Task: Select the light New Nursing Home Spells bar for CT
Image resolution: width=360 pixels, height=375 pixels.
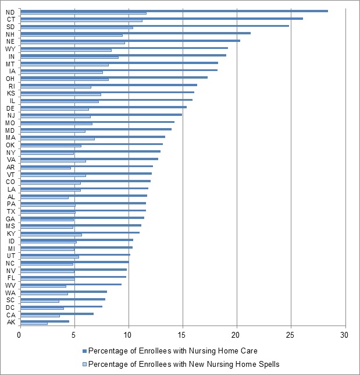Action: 81,20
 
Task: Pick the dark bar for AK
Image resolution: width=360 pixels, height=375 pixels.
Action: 45,321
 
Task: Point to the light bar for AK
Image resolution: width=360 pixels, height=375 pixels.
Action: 34,323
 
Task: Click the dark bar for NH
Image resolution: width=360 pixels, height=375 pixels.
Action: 135,33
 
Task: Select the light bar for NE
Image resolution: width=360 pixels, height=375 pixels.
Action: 72,43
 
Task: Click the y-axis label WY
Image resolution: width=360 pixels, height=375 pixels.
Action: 10,49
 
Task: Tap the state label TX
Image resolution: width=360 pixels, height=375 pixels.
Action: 10,211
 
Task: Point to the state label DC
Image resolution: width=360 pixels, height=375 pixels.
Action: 10,307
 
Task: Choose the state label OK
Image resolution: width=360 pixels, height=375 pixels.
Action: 10,145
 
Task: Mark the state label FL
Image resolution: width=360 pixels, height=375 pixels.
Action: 10,278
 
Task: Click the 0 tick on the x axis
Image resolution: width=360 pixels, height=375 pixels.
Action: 20,335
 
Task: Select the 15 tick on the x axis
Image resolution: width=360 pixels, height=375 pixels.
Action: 183,335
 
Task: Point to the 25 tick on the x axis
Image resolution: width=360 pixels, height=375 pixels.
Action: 290,335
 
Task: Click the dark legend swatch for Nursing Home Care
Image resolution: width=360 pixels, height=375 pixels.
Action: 84,351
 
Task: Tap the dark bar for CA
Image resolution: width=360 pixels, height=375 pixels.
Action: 56,313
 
